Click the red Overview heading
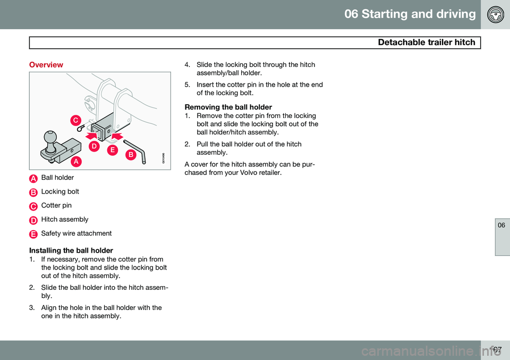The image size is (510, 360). point(46,65)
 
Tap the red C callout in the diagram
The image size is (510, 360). point(76,120)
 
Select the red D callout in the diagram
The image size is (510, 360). point(94,146)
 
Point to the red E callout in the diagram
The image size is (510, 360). point(113,150)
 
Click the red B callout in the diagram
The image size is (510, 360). point(131,154)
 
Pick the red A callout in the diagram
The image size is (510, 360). point(76,161)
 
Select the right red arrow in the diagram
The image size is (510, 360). point(117,136)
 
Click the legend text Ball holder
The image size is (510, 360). point(57,178)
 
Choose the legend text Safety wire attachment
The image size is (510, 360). point(76,233)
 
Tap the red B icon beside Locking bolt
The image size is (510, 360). point(33,192)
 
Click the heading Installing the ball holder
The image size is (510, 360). point(71,250)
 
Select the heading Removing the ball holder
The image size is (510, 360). point(228,107)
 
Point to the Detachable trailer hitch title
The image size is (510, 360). point(427,43)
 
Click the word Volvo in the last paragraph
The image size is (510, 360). point(250,172)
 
